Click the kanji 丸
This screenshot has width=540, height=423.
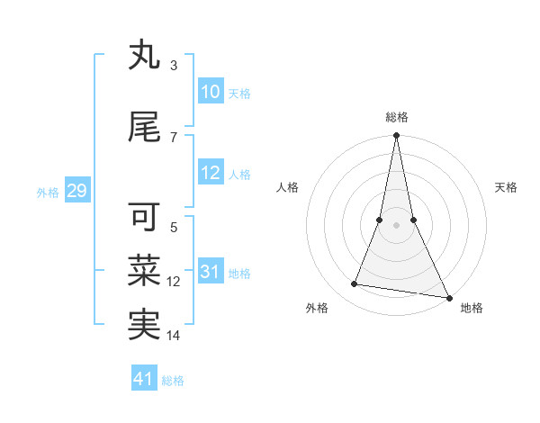145,56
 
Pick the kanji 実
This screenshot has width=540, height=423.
145,325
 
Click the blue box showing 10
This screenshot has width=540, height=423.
210,92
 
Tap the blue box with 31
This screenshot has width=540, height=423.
210,272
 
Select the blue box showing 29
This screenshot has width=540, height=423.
76,191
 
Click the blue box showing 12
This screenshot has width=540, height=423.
210,173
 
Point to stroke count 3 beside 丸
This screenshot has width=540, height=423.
173,65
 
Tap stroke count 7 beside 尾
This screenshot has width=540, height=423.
173,137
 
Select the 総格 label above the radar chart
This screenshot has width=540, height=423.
396,116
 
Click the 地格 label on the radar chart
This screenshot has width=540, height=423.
472,308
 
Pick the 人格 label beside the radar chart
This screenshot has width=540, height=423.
288,187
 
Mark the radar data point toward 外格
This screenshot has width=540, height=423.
355,284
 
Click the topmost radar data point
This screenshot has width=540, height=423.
396,136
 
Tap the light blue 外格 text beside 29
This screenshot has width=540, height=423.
48,192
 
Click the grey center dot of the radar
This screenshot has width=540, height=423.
396,225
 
